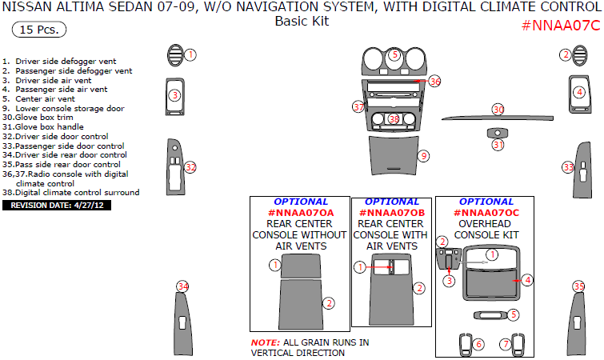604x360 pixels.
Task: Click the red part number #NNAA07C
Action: click(x=560, y=25)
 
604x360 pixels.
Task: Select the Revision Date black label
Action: click(x=58, y=205)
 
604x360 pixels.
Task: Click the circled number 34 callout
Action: click(x=183, y=286)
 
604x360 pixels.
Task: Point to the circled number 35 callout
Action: click(x=578, y=286)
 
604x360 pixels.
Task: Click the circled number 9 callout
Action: click(x=424, y=155)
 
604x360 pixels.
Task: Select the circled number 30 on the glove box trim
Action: click(x=498, y=109)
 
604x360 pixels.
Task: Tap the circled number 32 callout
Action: click(x=190, y=167)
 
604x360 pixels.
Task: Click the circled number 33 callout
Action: click(x=568, y=167)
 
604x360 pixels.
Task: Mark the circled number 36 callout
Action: click(x=434, y=82)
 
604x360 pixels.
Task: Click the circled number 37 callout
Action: click(x=358, y=106)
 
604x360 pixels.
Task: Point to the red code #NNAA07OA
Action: click(x=300, y=213)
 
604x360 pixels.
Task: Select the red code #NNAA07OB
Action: click(x=392, y=213)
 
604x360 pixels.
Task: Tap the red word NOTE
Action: click(x=265, y=342)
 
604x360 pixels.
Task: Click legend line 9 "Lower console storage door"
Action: click(x=64, y=107)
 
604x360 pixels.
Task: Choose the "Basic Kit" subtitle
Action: click(x=302, y=22)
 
